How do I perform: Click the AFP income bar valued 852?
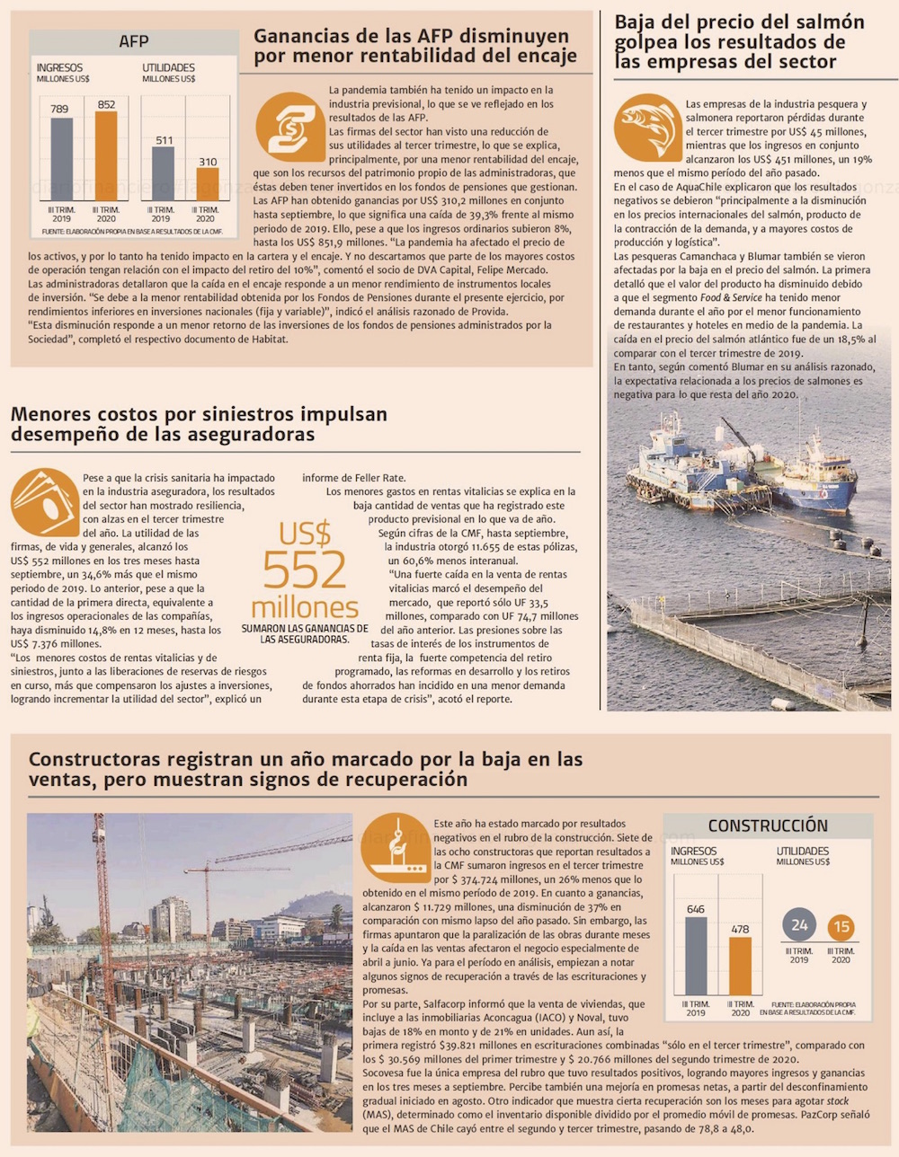106,156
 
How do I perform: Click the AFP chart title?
133,41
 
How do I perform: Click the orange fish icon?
646,127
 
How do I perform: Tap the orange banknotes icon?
43,502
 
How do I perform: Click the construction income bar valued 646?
695,956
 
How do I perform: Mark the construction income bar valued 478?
740,966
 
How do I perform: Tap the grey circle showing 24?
798,925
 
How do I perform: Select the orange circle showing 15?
841,927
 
